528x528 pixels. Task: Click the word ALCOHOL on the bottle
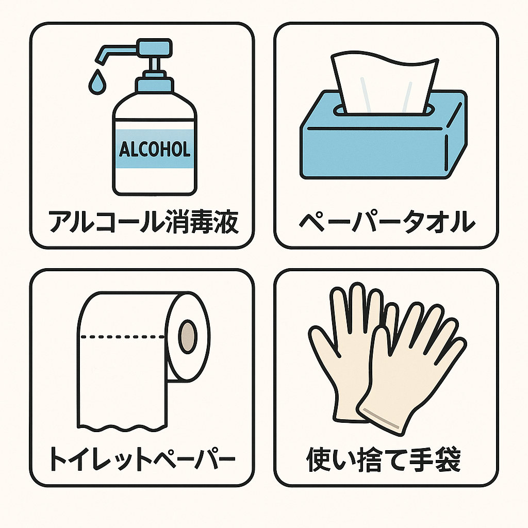point(155,149)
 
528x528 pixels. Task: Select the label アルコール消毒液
point(143,222)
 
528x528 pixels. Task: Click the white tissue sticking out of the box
point(384,82)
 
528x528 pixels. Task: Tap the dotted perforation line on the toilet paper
point(124,337)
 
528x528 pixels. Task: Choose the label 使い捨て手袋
point(384,459)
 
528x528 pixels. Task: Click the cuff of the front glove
point(382,418)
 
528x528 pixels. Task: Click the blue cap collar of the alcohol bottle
point(154,84)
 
